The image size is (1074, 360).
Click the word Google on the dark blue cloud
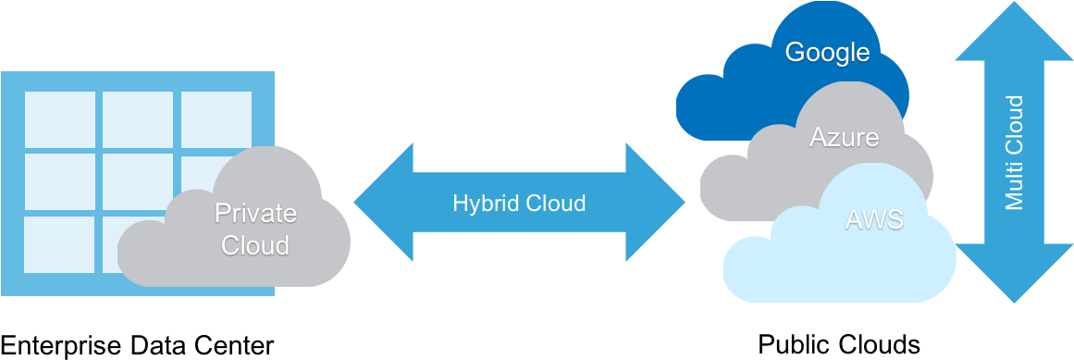coord(827,53)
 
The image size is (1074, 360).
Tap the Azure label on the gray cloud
coord(844,138)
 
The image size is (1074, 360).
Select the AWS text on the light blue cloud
coord(874,219)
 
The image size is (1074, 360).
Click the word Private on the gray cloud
coord(255,214)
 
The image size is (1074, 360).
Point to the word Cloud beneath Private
coord(255,245)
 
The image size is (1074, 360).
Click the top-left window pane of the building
coord(59,119)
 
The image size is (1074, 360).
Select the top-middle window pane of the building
coord(137,119)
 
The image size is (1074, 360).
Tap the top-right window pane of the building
coord(216,119)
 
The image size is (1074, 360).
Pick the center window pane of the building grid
coord(137,180)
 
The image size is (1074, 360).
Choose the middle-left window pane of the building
coord(59,181)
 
